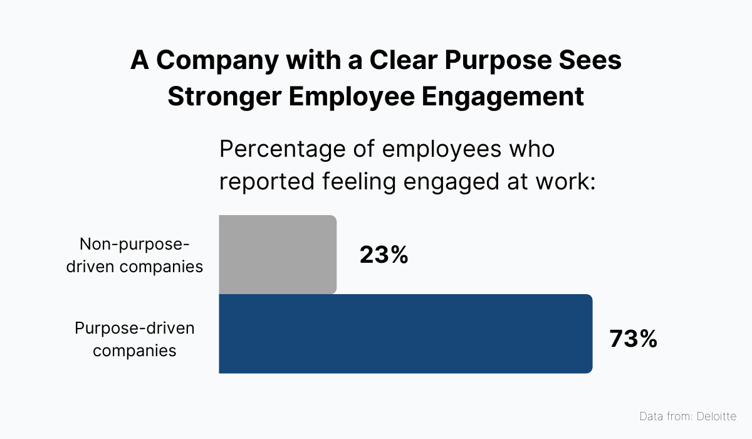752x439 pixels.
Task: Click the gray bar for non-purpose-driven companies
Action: tap(278, 255)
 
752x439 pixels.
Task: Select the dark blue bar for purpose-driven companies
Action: tap(405, 334)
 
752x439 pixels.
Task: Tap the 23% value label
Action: tap(384, 255)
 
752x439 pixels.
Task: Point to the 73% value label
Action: tap(633, 339)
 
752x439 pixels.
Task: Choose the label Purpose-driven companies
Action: tap(135, 339)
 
